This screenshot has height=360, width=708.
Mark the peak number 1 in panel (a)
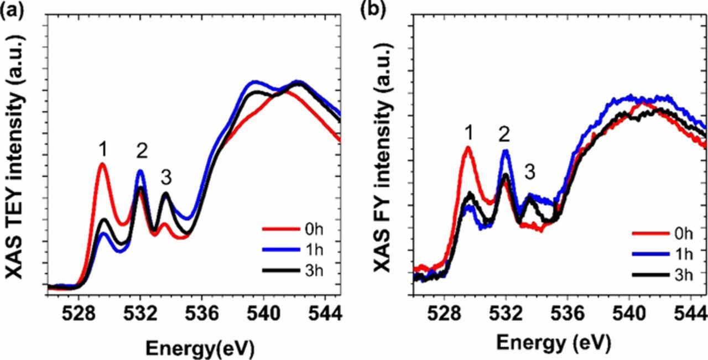point(102,149)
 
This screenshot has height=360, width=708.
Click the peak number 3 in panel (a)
point(166,178)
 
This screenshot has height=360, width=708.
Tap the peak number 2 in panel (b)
point(504,134)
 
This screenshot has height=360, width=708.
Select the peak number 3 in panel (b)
point(529,172)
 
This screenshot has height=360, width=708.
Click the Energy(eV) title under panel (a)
point(200,347)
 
